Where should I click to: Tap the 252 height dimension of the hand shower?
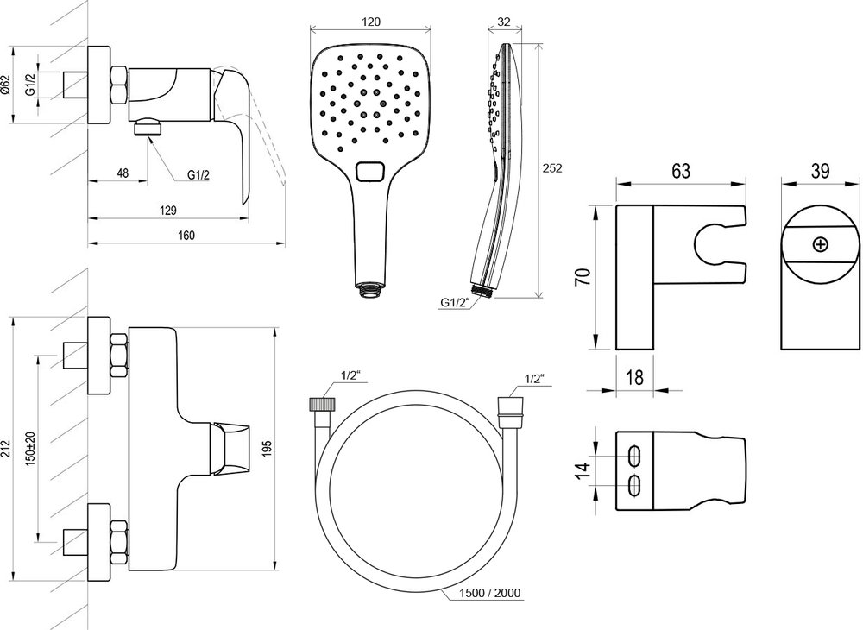click(553, 168)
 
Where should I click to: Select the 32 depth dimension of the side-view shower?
click(504, 20)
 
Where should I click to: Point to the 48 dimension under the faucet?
click(122, 173)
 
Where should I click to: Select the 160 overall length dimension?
click(186, 236)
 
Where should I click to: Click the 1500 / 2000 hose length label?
click(490, 593)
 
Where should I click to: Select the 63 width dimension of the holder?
click(681, 170)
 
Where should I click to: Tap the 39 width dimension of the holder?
click(820, 170)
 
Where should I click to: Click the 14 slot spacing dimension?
click(583, 469)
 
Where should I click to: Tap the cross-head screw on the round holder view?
click(820, 244)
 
